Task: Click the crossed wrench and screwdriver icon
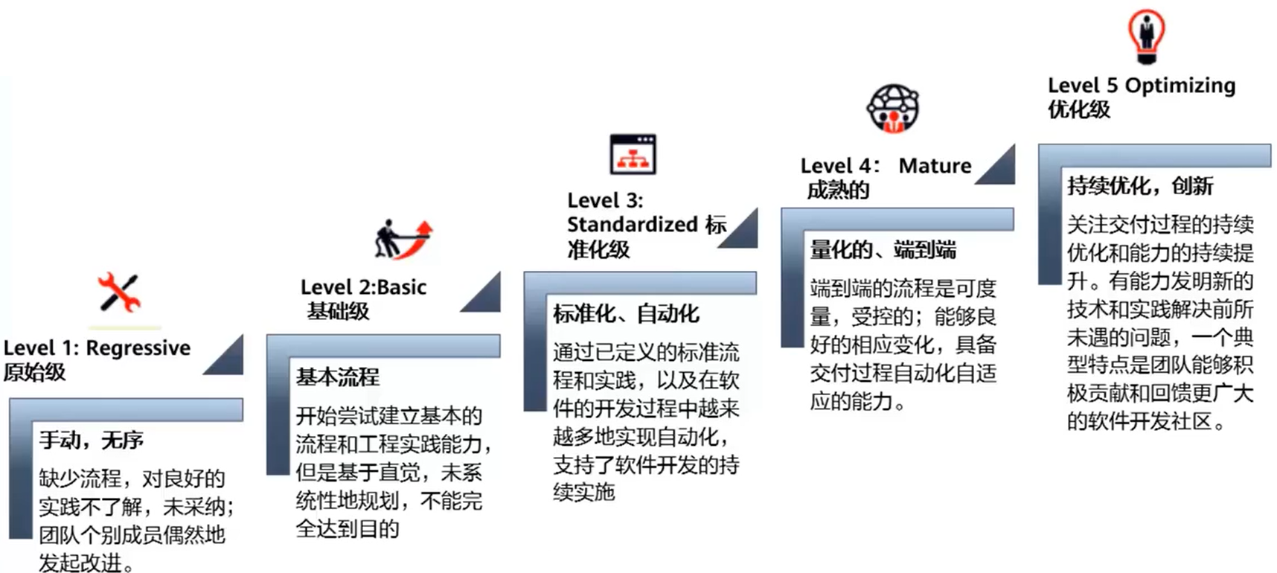(119, 292)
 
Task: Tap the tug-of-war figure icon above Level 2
(403, 239)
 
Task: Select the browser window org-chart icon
(633, 154)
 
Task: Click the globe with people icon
(893, 109)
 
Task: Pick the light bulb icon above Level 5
(1146, 35)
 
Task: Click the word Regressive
(138, 348)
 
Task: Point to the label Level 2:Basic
(363, 287)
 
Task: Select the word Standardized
(632, 225)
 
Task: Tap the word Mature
(935, 166)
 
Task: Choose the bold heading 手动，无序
(91, 441)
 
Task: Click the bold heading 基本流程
(337, 377)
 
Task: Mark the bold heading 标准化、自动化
(625, 314)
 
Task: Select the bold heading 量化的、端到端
(883, 250)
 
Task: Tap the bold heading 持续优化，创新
(1140, 186)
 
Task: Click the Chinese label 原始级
(35, 372)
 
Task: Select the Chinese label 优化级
(1079, 110)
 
